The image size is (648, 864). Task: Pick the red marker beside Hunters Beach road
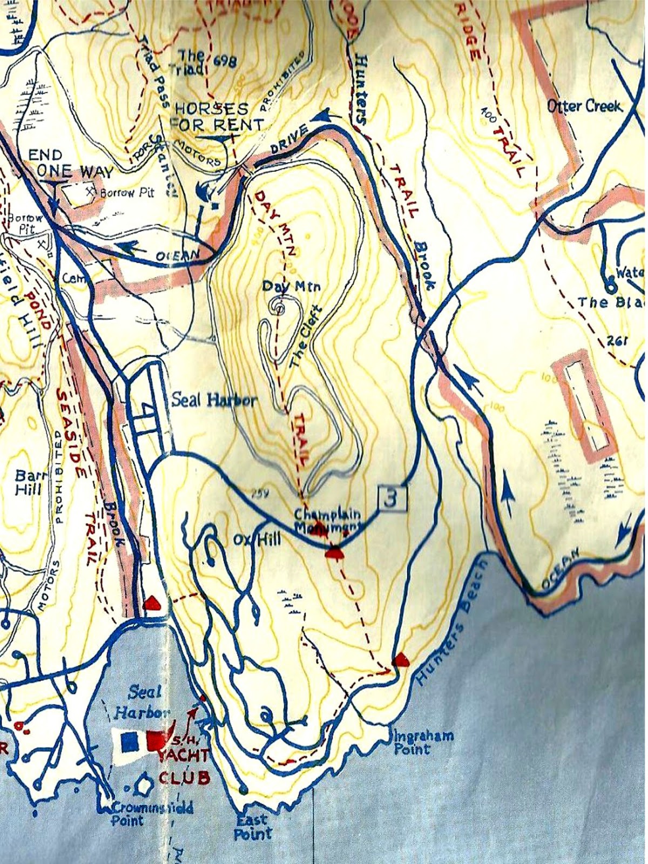click(400, 659)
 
